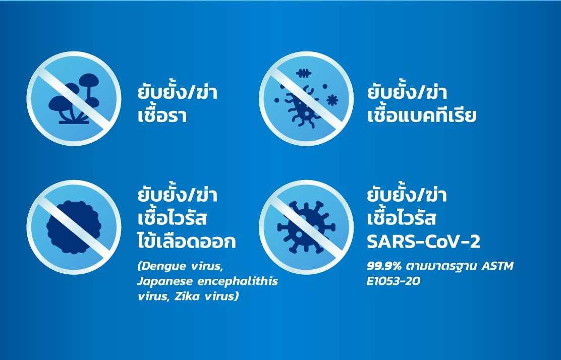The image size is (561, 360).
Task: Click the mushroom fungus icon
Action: [x=73, y=99]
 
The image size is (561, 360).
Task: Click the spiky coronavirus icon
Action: [x=305, y=226]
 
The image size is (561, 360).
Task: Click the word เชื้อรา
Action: [x=162, y=115]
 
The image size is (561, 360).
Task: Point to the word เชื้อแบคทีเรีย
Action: [x=422, y=115]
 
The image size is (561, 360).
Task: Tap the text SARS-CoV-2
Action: [x=423, y=242]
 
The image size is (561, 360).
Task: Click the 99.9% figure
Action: [x=383, y=266]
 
